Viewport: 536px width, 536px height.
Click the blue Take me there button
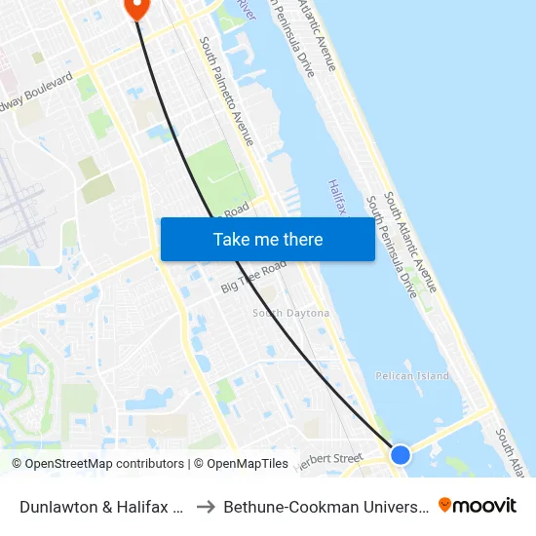click(267, 239)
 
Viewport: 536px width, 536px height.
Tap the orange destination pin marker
click(135, 8)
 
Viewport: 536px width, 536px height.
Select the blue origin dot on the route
click(400, 454)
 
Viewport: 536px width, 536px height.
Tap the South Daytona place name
click(290, 313)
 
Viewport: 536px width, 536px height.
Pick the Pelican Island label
click(412, 376)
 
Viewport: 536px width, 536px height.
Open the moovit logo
click(478, 506)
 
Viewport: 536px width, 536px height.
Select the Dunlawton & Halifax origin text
click(102, 507)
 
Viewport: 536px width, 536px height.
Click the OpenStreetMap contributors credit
click(97, 464)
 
